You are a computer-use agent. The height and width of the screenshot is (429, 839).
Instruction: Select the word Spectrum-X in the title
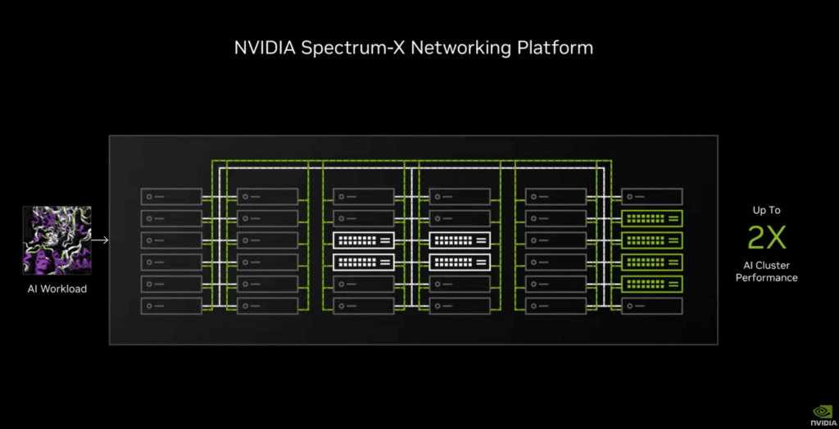353,48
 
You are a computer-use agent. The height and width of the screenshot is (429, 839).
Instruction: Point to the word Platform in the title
555,48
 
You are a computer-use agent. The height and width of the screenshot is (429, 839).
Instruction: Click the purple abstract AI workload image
57,240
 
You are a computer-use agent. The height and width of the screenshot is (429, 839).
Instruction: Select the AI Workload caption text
57,289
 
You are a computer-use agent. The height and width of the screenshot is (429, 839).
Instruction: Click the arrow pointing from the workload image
101,240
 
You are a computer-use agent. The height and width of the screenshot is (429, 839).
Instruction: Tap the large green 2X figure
766,238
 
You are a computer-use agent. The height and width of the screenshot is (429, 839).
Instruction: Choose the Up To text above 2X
766,211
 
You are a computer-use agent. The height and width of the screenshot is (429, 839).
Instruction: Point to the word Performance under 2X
766,278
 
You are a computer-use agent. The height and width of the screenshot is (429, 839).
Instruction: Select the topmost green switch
651,218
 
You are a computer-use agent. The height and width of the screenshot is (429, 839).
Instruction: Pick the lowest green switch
651,284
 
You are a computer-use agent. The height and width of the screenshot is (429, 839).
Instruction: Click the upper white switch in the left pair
364,240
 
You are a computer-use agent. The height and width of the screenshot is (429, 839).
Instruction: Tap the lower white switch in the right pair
460,262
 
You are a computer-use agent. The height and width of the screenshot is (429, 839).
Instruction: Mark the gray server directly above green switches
651,197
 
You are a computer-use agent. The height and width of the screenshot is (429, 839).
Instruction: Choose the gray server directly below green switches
651,306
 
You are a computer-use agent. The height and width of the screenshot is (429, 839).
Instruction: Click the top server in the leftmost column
171,197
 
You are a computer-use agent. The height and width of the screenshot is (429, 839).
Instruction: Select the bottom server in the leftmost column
171,306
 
